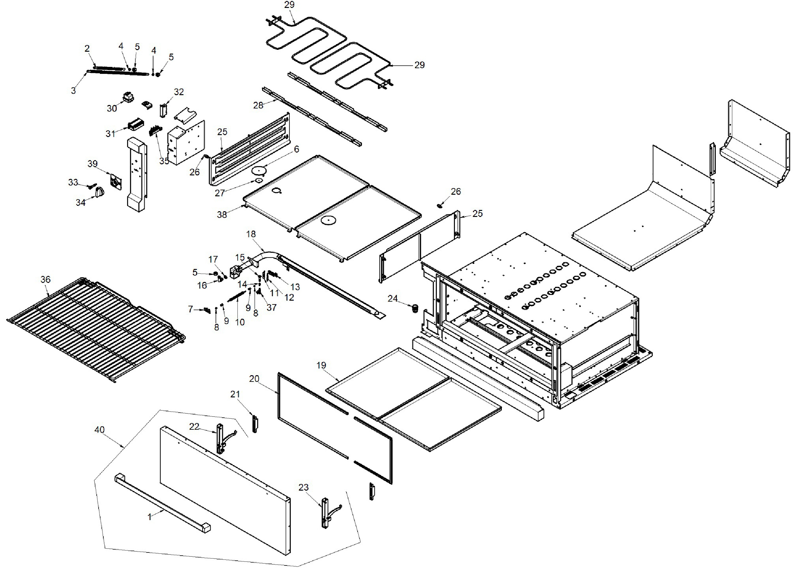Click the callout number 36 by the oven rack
tap(45, 279)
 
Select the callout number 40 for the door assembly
tap(100, 429)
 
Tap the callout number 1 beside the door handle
tap(150, 517)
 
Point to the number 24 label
tap(392, 298)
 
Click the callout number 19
tap(321, 365)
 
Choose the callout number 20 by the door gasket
tap(254, 378)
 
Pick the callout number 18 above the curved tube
tap(251, 234)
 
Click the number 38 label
tap(222, 214)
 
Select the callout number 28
tap(258, 105)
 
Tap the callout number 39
tap(92, 164)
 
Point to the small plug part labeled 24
tap(415, 309)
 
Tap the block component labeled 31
tap(135, 124)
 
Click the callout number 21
tap(235, 394)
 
